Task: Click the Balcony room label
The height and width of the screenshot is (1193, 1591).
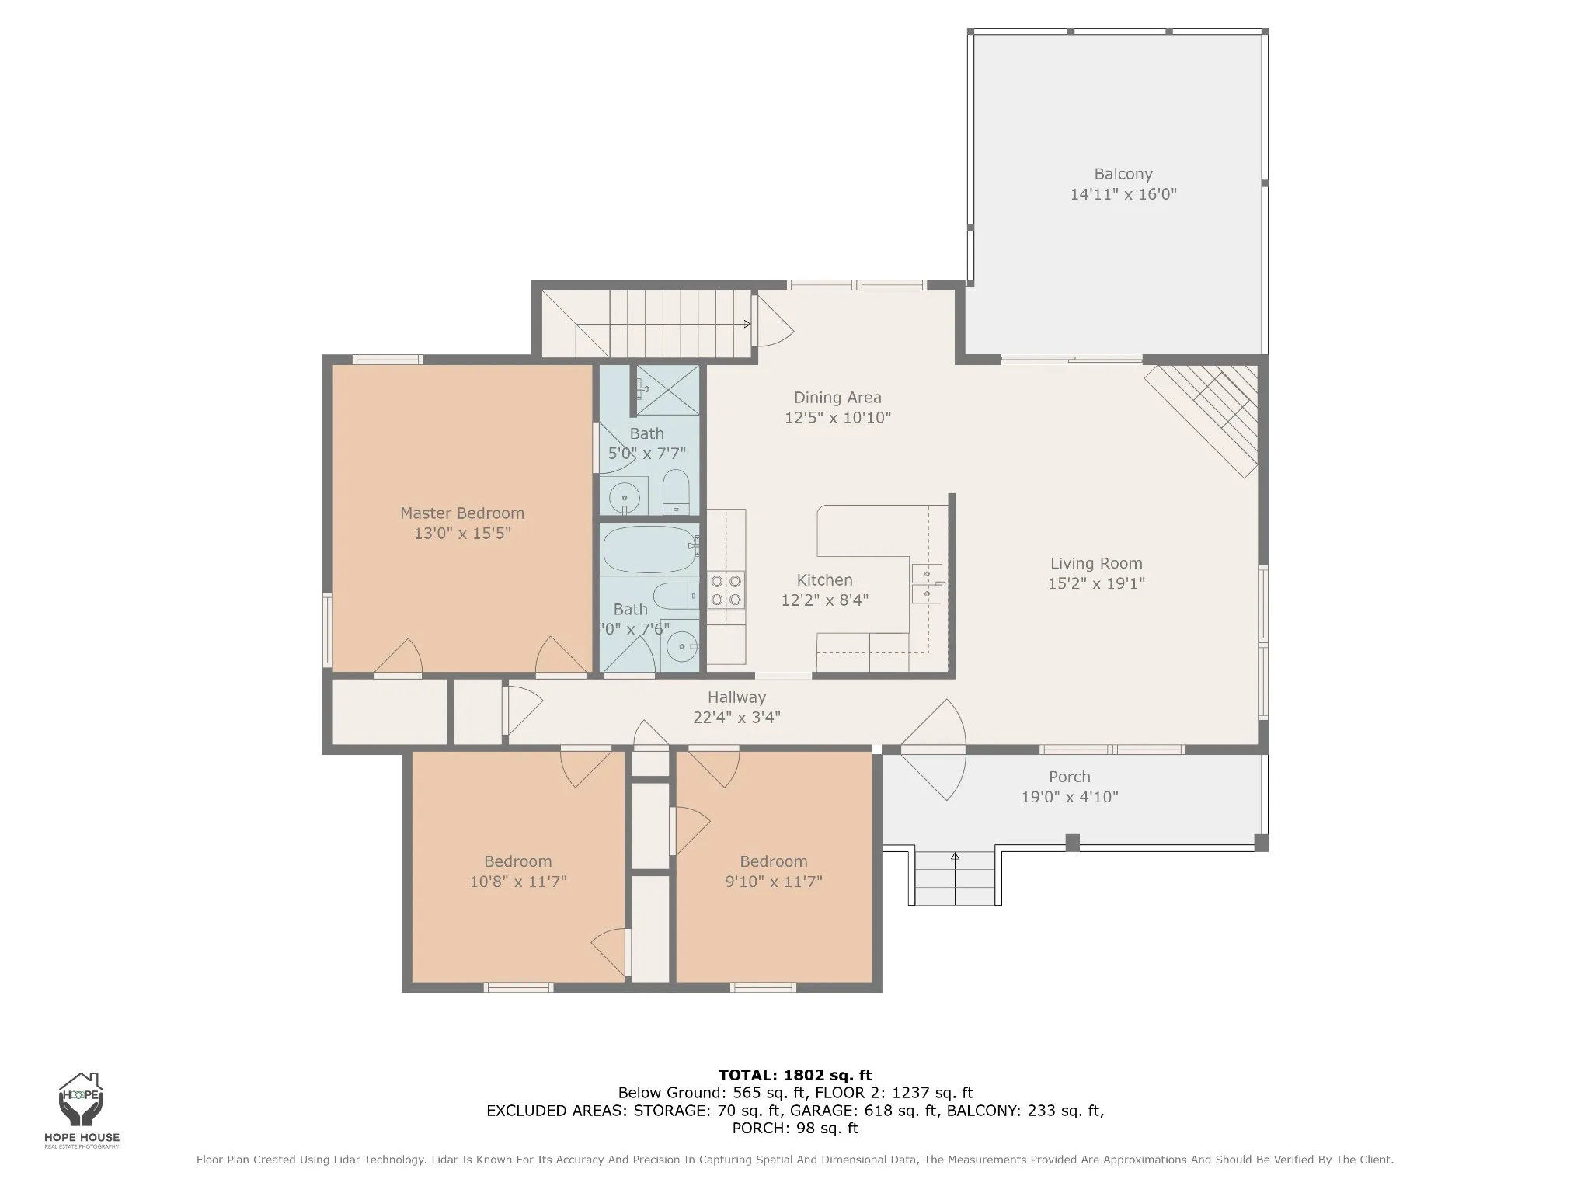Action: click(1123, 174)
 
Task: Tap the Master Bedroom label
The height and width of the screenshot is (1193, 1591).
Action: click(462, 513)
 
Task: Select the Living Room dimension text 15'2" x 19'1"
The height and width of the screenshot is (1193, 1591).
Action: click(1096, 583)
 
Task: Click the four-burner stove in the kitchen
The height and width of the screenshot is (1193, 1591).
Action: click(726, 590)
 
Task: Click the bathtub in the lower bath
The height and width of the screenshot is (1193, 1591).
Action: click(649, 549)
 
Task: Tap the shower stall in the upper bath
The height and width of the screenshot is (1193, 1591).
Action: click(667, 390)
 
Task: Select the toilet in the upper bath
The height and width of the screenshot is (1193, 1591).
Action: click(676, 492)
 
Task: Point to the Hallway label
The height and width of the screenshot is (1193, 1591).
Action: click(736, 697)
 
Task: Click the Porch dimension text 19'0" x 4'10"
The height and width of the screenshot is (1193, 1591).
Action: click(1070, 797)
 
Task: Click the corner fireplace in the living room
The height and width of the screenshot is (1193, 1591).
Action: click(1203, 420)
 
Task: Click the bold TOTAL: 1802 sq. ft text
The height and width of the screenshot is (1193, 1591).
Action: click(795, 1076)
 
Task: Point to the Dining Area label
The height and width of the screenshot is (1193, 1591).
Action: click(837, 398)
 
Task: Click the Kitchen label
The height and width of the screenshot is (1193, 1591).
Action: click(825, 580)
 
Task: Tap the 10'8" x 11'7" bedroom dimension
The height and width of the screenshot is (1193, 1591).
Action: click(518, 882)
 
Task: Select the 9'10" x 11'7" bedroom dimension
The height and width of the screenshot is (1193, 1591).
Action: click(774, 882)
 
